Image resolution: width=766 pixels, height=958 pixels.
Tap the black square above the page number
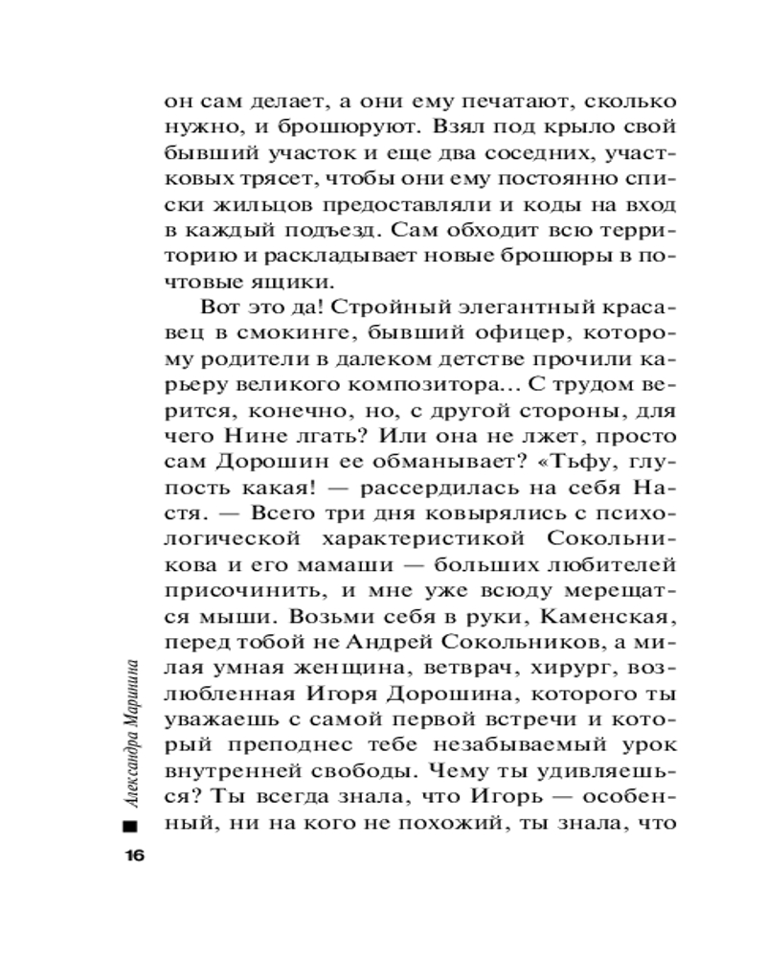(130, 826)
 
